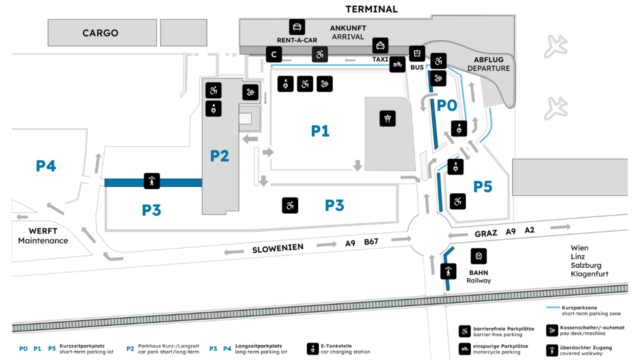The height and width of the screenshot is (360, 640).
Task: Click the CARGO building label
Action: pyautogui.click(x=100, y=33)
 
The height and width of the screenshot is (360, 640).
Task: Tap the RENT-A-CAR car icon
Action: pyautogui.click(x=297, y=27)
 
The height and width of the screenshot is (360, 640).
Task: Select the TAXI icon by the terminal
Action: pyautogui.click(x=380, y=46)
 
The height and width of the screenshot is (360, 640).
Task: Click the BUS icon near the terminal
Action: pyautogui.click(x=417, y=53)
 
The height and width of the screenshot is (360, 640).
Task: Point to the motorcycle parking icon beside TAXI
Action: pyautogui.click(x=397, y=64)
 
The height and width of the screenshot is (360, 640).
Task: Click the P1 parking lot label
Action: pyautogui.click(x=320, y=131)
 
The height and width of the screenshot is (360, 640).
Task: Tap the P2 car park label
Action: pyautogui.click(x=219, y=156)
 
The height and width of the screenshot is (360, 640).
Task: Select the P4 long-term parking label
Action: pyautogui.click(x=46, y=166)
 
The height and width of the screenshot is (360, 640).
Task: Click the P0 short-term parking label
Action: pyautogui.click(x=446, y=105)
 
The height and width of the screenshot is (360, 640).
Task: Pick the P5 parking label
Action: pyautogui.click(x=482, y=186)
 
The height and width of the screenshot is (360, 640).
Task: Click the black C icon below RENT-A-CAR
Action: pyautogui.click(x=273, y=54)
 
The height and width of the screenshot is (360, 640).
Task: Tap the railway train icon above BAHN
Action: pyautogui.click(x=478, y=256)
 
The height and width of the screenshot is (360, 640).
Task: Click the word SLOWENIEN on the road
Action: pyautogui.click(x=277, y=247)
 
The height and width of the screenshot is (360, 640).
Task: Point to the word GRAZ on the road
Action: pyautogui.click(x=485, y=233)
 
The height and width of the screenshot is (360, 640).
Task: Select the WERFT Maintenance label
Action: pyautogui.click(x=43, y=235)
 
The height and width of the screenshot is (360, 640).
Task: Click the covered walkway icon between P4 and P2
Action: pyautogui.click(x=152, y=181)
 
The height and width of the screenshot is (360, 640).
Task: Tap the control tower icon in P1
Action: pyautogui.click(x=387, y=118)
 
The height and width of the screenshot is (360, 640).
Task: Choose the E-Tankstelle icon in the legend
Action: pyautogui.click(x=313, y=348)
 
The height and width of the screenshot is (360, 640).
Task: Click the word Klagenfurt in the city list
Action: pyautogui.click(x=589, y=274)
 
